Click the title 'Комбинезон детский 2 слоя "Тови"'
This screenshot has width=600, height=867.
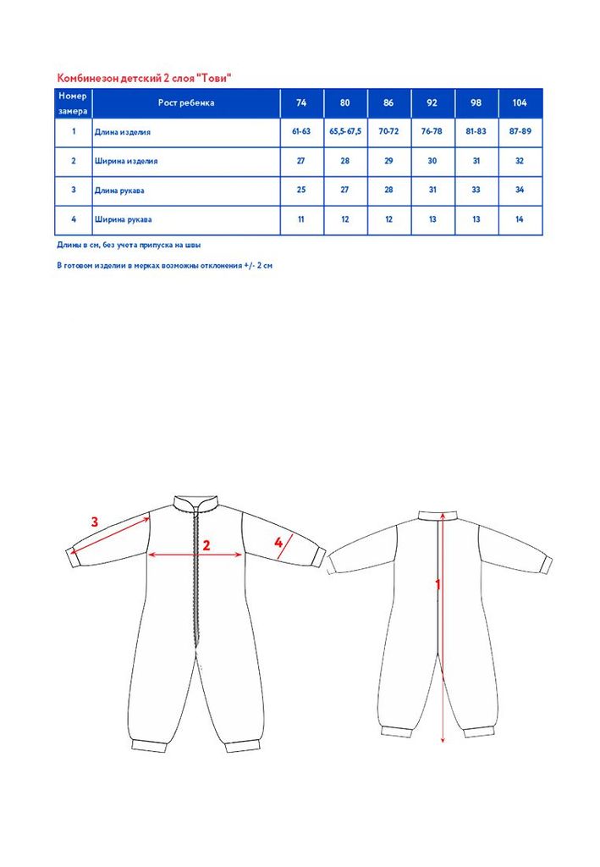click(144, 78)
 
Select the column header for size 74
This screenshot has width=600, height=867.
click(301, 103)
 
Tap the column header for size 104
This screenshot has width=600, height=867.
click(520, 103)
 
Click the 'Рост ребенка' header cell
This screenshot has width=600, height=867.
click(186, 103)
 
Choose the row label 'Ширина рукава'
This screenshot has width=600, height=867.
click(124, 220)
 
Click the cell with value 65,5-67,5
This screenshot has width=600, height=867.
click(345, 132)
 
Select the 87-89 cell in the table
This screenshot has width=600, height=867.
click(520, 132)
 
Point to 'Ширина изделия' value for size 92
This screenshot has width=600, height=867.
click(432, 161)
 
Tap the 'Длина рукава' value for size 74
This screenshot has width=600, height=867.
click(301, 191)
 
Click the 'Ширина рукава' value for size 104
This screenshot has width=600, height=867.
click(520, 220)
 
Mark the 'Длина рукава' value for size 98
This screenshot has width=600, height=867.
click(476, 191)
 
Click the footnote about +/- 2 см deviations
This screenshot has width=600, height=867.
click(164, 265)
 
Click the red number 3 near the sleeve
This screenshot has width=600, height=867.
click(95, 522)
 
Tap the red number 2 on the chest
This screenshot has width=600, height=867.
click(205, 544)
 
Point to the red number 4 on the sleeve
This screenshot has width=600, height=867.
click(278, 542)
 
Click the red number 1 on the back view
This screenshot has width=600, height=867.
click(438, 584)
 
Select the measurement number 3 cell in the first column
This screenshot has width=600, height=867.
click(74, 191)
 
